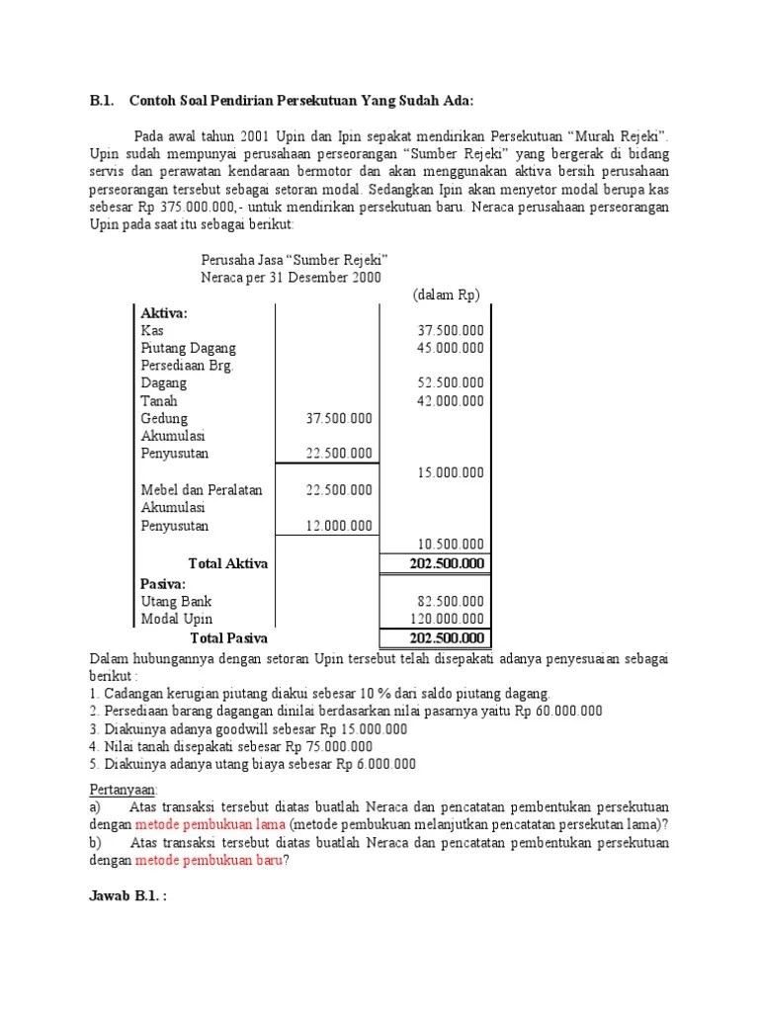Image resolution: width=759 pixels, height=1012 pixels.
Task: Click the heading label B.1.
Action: pyautogui.click(x=102, y=100)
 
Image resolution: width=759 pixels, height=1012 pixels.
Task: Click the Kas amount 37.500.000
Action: pyautogui.click(x=451, y=330)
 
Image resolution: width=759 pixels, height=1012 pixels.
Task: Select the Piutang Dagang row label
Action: pyautogui.click(x=189, y=348)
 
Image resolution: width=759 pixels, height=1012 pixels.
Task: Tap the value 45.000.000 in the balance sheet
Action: pyautogui.click(x=451, y=348)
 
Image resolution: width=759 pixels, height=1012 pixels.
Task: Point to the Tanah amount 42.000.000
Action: pyautogui.click(x=451, y=400)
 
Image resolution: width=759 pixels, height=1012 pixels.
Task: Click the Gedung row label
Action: pyautogui.click(x=164, y=418)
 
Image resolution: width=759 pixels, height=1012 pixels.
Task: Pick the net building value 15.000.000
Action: pyautogui.click(x=451, y=472)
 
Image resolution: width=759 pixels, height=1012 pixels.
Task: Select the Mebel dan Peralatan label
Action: pyautogui.click(x=202, y=490)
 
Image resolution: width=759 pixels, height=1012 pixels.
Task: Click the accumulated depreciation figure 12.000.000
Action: pyautogui.click(x=339, y=526)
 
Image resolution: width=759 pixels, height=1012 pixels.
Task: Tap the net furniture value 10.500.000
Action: pyautogui.click(x=451, y=544)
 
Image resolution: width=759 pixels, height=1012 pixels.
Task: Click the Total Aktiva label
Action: pyautogui.click(x=228, y=563)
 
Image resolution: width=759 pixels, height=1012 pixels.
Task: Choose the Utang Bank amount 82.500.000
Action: pyautogui.click(x=451, y=601)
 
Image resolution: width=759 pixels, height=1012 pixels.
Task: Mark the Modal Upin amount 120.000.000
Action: pyautogui.click(x=448, y=619)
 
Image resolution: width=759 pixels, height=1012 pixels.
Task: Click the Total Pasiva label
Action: pyautogui.click(x=228, y=637)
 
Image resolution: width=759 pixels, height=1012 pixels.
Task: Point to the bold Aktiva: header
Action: pyautogui.click(x=164, y=312)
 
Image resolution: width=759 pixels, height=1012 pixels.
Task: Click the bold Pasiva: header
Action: pyautogui.click(x=163, y=583)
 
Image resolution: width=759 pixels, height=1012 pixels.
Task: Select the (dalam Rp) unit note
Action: pyautogui.click(x=446, y=295)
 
